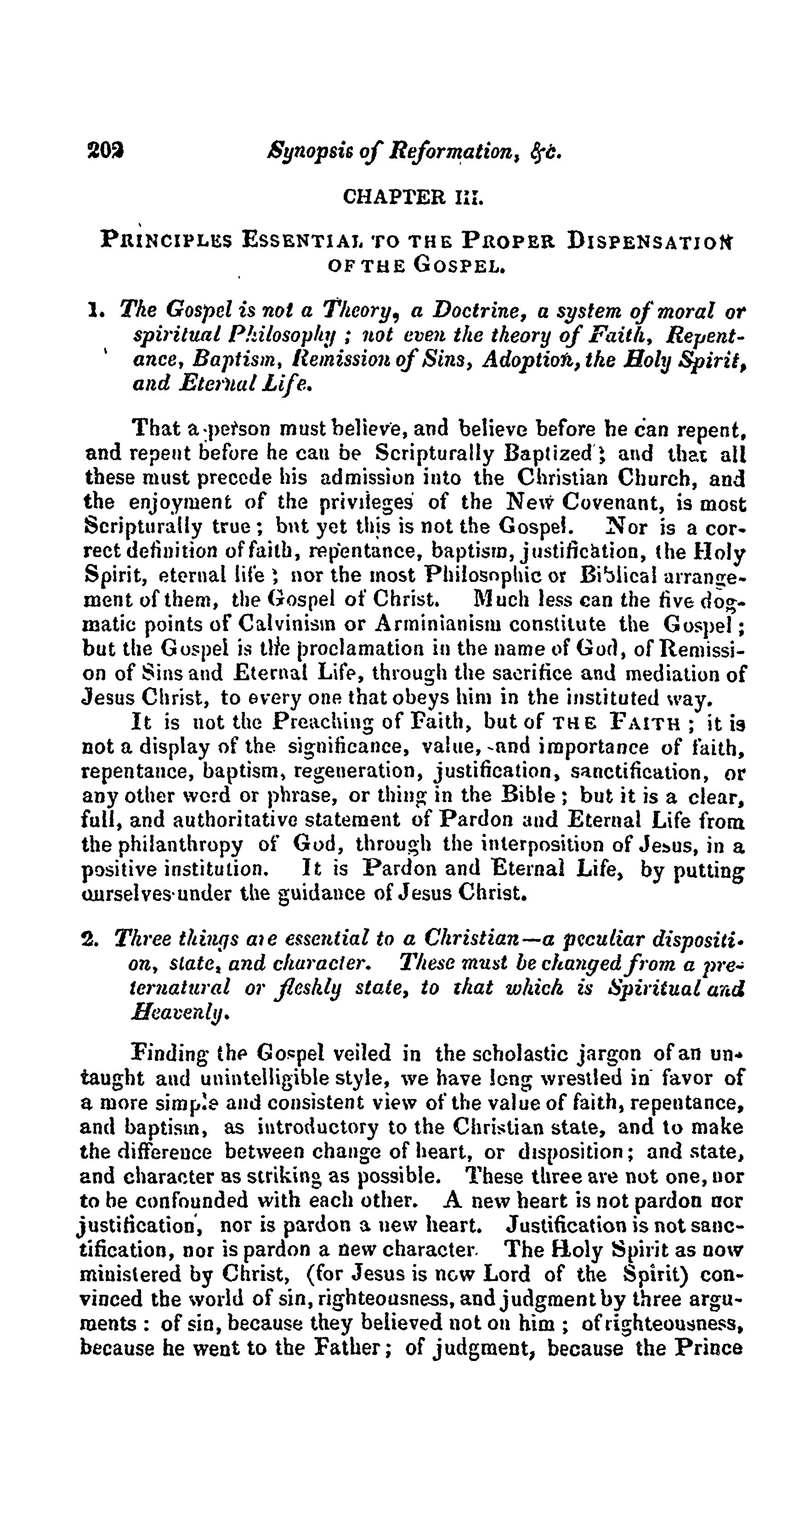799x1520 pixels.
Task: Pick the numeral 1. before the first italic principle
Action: pyautogui.click(x=92, y=309)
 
